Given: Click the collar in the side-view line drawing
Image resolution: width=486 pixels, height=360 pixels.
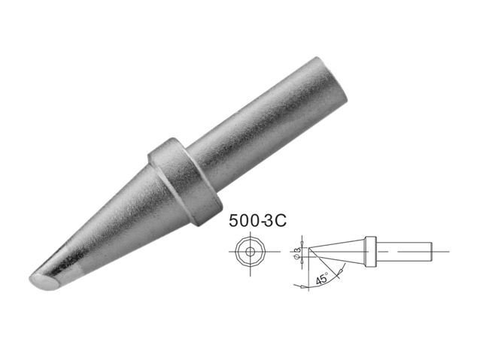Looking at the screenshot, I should pyautogui.click(x=370, y=252).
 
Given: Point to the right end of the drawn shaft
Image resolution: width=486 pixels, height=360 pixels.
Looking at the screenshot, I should pyautogui.click(x=432, y=251).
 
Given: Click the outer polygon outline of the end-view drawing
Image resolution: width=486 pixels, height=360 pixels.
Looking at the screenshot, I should pyautogui.click(x=235, y=252).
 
